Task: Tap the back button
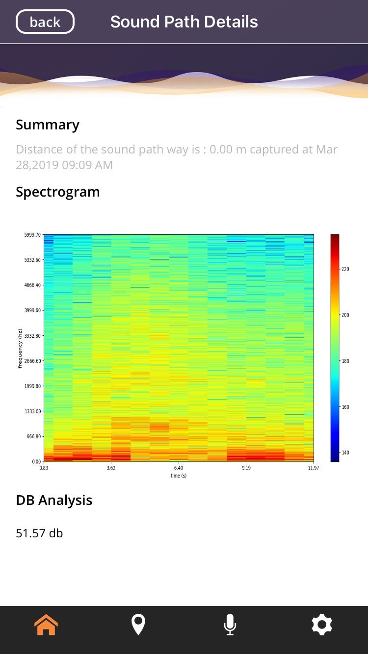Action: (x=45, y=22)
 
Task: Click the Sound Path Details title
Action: (x=184, y=22)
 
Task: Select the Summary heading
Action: (x=48, y=125)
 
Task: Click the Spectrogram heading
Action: (x=58, y=192)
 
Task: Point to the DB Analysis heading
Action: (x=54, y=501)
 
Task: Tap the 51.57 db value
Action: (x=39, y=533)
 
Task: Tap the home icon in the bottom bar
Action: (x=46, y=625)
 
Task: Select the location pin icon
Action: (x=138, y=625)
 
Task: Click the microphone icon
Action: (x=230, y=625)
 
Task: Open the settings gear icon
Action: (x=322, y=625)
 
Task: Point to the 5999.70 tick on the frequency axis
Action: (x=33, y=235)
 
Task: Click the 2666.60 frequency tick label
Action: (x=33, y=361)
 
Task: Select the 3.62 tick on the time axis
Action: (x=111, y=468)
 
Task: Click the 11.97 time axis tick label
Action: (x=313, y=468)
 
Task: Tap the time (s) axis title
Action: (x=179, y=476)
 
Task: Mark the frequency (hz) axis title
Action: (x=20, y=349)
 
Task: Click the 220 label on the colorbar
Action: (x=345, y=269)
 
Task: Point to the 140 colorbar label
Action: (x=345, y=453)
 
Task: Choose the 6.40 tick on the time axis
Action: (x=179, y=468)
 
